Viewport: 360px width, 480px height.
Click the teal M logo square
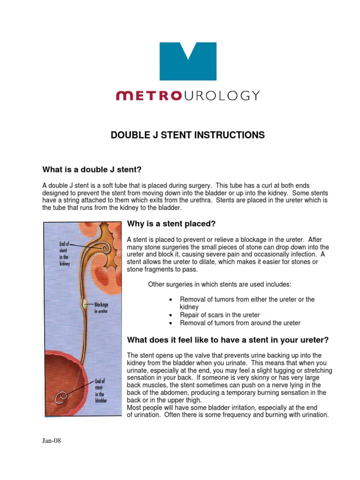[x=188, y=61]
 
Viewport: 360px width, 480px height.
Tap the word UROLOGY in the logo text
[x=221, y=96]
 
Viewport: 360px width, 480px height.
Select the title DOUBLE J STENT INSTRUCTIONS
[x=187, y=135]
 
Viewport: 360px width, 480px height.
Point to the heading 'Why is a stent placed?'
[x=171, y=223]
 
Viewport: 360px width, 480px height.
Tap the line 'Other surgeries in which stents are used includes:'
[x=219, y=284]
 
